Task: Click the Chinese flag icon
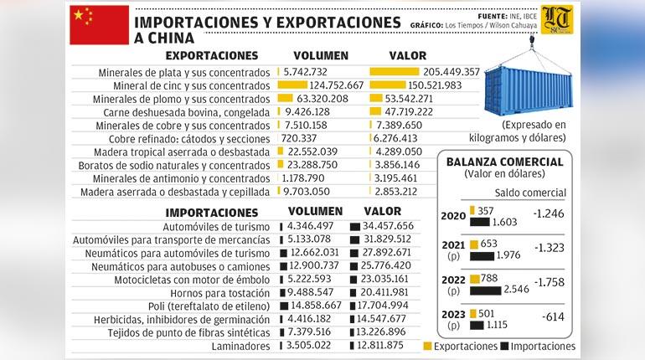pyautogui.click(x=99, y=24)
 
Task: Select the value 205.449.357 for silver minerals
pyautogui.click(x=440, y=73)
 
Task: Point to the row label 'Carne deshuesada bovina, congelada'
pyautogui.click(x=187, y=111)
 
